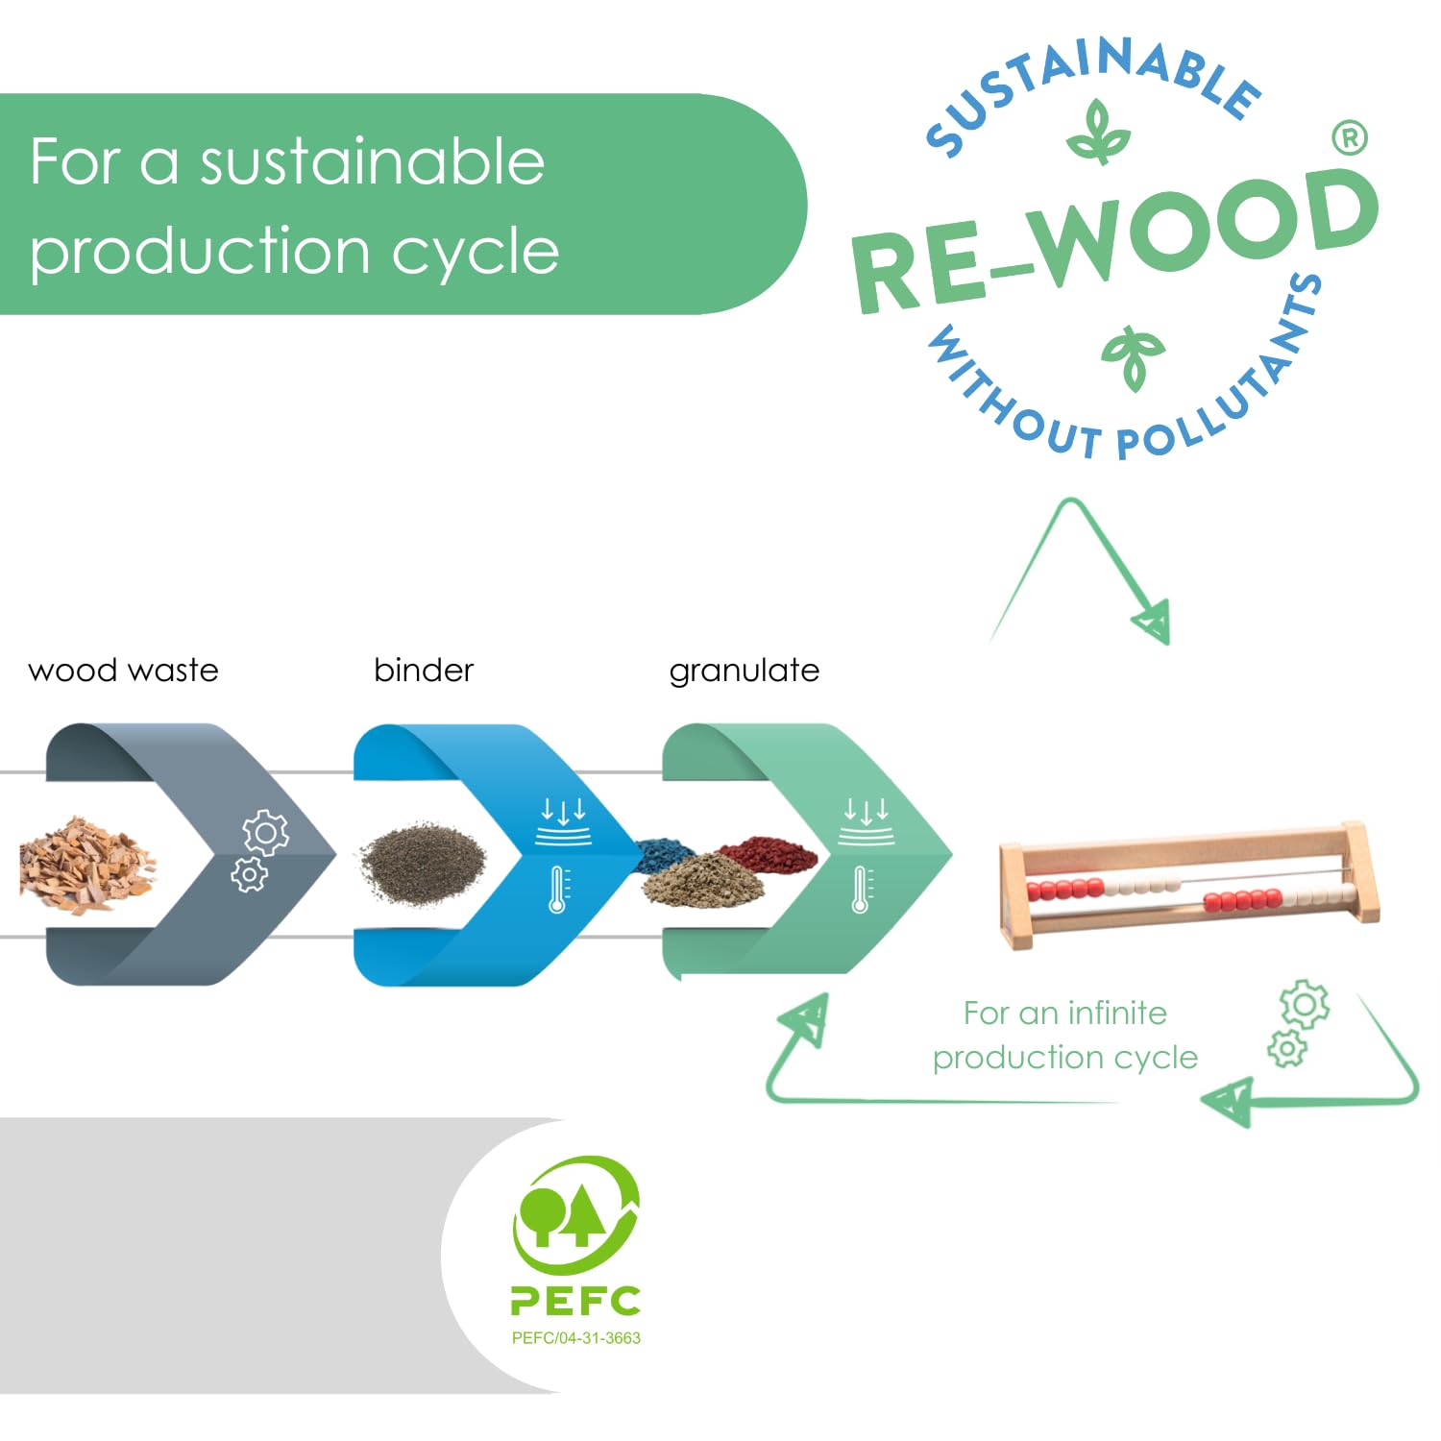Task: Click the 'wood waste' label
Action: [123, 670]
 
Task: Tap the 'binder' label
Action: [424, 670]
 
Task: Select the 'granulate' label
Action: [745, 671]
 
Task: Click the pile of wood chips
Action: [85, 863]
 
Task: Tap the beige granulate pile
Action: [704, 879]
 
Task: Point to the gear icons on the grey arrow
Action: [257, 850]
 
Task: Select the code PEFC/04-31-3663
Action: [575, 1337]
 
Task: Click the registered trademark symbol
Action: [1350, 138]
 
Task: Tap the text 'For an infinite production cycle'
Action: [1065, 1035]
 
